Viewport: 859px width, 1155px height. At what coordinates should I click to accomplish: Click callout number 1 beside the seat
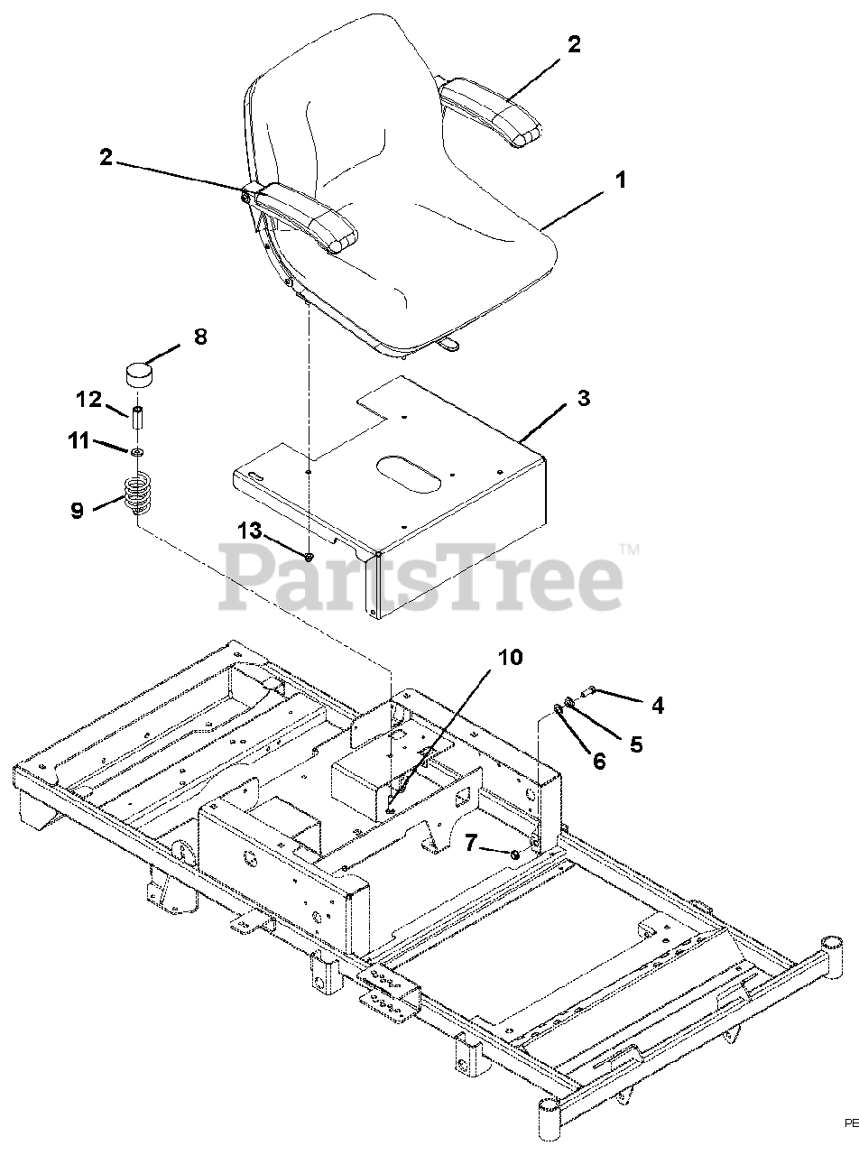click(620, 180)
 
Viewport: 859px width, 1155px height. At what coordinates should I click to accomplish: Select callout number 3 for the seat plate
click(584, 398)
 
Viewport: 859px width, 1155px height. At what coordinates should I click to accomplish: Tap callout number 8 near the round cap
click(199, 337)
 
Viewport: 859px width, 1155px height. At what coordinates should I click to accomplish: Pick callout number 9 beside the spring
click(77, 510)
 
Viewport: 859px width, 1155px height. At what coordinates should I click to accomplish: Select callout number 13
click(250, 531)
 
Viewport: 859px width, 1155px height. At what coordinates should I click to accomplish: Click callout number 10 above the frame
click(510, 657)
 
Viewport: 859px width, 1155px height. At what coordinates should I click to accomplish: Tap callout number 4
click(657, 705)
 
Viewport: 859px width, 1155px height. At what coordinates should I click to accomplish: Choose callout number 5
click(636, 744)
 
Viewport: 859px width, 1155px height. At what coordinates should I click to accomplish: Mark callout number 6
click(599, 761)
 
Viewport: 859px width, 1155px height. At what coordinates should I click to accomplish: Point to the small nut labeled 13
click(309, 558)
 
